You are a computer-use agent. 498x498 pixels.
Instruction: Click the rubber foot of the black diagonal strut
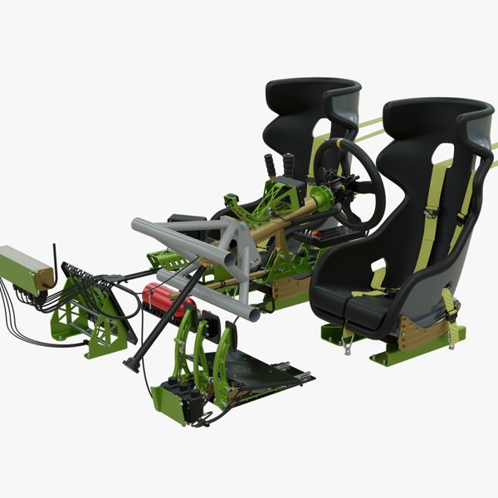click(131, 365)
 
